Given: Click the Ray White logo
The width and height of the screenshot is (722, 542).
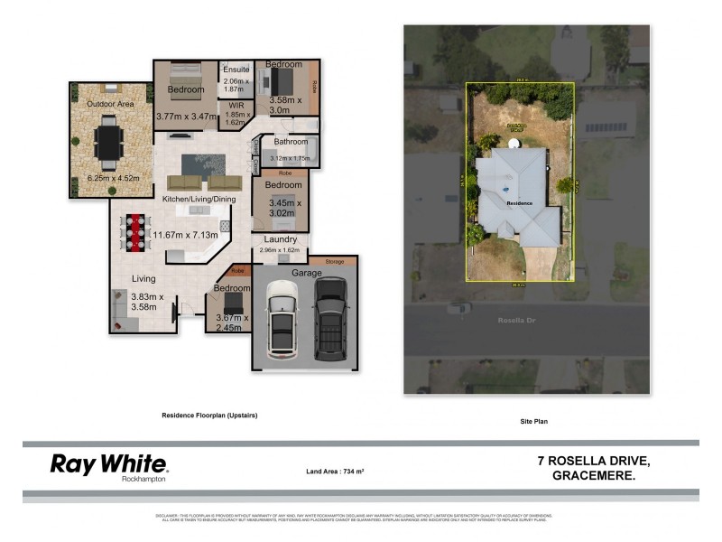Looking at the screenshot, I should pos(108,466).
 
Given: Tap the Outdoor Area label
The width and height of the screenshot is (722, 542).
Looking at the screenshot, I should pos(110,104).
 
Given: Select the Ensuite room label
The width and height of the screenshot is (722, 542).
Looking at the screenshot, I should pos(236,70).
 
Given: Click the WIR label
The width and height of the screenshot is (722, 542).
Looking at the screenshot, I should pos(236,105).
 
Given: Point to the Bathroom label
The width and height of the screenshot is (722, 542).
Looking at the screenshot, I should pos(292,142).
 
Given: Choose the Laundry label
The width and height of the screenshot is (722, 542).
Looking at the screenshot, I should pos(281,239).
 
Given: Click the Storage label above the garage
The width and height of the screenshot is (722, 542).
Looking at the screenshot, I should pos(335,260).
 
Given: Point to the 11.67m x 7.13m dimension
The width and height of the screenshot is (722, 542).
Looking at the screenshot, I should pos(184,236).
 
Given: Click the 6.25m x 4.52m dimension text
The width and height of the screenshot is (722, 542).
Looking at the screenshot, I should pos(113,178).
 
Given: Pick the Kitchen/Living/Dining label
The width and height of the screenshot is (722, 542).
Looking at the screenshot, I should pos(199,199).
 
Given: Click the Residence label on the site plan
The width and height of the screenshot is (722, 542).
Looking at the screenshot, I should pos(518,203).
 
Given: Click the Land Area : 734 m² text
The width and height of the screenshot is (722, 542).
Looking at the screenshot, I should pos(340,472).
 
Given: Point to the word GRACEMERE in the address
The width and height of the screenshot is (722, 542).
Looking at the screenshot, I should pos(593,476).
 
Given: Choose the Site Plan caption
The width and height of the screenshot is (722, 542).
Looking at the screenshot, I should pos(535,421).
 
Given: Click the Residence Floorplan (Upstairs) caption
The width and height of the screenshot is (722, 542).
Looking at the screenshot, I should pos(209,416).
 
